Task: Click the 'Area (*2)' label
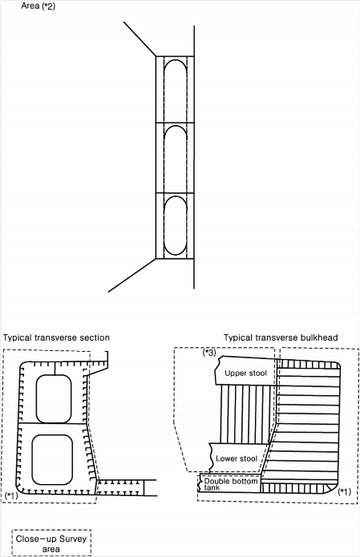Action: [38, 6]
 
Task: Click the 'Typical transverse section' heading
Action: [56, 337]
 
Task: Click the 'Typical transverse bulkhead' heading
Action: [281, 337]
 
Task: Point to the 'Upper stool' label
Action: [245, 373]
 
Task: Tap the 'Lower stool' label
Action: [237, 458]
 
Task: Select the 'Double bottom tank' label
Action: [231, 484]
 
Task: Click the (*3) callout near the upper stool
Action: [209, 353]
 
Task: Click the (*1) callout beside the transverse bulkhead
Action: [344, 491]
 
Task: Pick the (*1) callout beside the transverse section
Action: [12, 495]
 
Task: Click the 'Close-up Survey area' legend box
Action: [51, 543]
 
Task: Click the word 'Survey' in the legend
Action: [73, 539]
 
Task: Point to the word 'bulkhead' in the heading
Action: [319, 337]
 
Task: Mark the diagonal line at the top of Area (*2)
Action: [140, 38]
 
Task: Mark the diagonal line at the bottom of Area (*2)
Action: [132, 276]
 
